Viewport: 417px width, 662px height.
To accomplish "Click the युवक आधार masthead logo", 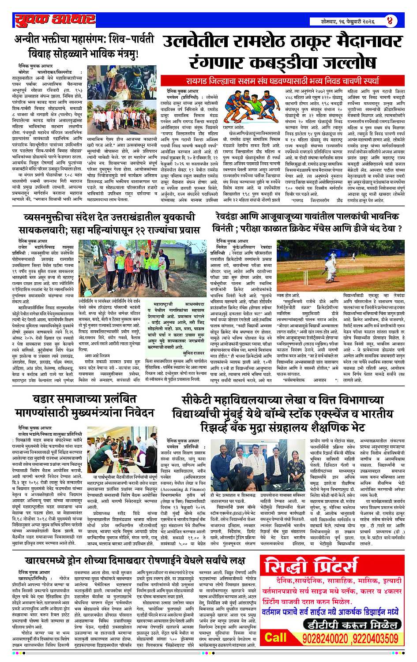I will pos(54,20).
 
